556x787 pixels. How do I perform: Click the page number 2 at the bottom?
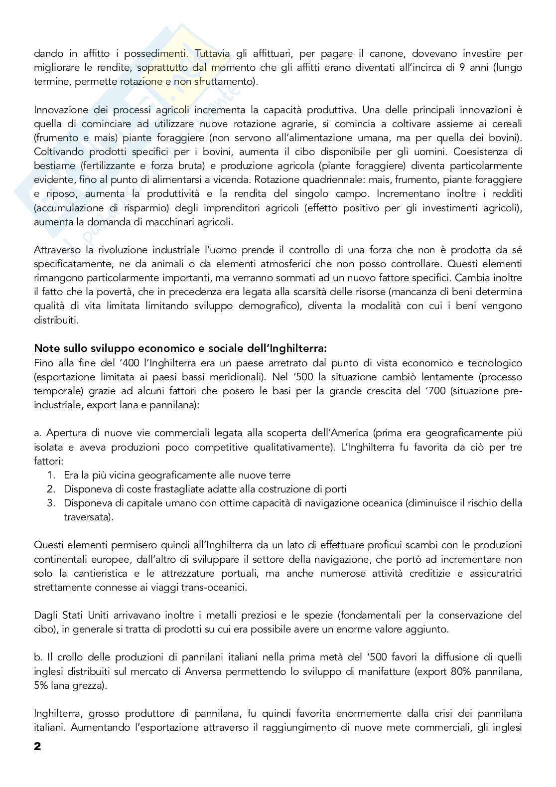pos(37,747)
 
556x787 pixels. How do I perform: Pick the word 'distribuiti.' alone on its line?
pos(56,319)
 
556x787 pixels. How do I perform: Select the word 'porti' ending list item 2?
pos(336,489)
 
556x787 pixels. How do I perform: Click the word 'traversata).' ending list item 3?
pos(88,517)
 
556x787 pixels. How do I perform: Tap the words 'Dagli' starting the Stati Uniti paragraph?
pos(46,615)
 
